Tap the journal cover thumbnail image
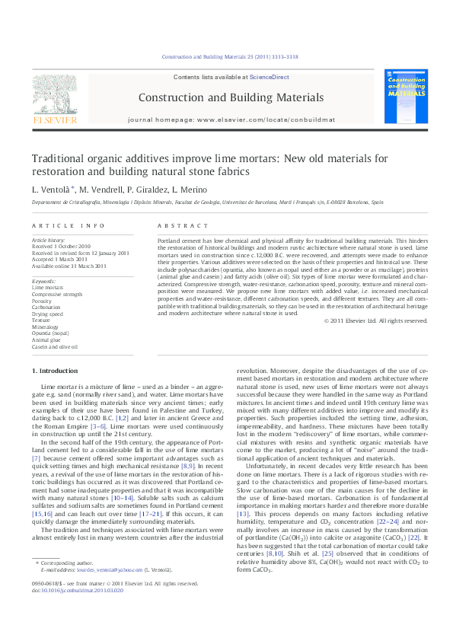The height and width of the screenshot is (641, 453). coord(405,96)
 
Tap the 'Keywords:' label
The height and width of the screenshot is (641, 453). coord(45,281)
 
